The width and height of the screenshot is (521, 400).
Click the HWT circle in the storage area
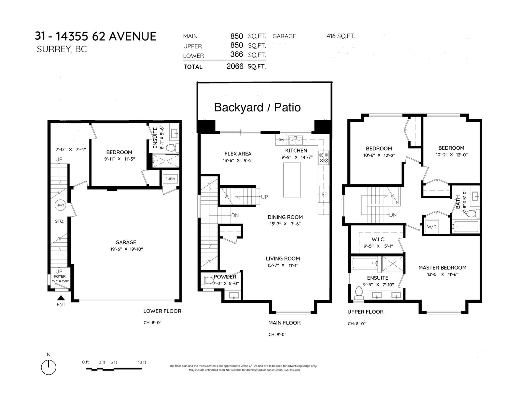tap(60, 205)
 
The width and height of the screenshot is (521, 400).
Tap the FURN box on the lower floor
tap(170, 179)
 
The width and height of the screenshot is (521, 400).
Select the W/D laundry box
tap(431, 226)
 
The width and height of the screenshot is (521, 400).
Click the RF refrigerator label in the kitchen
tap(324, 194)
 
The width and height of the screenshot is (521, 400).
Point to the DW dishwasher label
tap(281, 140)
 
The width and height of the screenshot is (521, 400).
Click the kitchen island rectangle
tap(292, 180)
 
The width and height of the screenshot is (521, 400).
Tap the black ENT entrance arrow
tap(61, 298)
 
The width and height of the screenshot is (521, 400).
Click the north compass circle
tap(49, 367)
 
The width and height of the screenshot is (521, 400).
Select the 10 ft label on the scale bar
tap(142, 362)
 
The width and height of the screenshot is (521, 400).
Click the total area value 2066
tap(235, 66)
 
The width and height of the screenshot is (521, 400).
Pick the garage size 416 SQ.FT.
tap(341, 36)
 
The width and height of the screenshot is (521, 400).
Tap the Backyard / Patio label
tap(257, 107)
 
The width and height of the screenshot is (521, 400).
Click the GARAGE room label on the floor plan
tap(126, 242)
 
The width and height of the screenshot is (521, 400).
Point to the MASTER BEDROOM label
tap(442, 268)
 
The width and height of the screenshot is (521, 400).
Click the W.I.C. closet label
tap(378, 239)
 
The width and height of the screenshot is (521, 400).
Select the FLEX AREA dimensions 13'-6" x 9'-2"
tap(238, 160)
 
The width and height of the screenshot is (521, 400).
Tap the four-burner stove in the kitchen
tap(323, 158)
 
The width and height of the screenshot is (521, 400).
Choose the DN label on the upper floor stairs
tap(393, 215)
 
